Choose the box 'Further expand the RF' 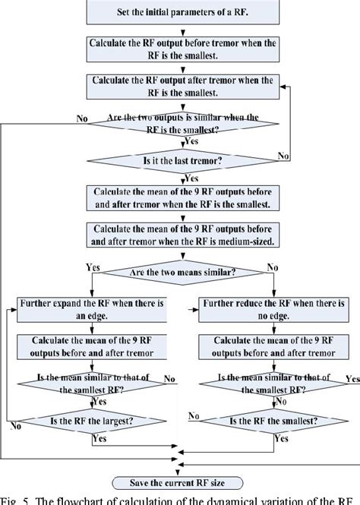pyautogui.click(x=91, y=309)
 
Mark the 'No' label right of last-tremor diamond pyautogui.click(x=283, y=155)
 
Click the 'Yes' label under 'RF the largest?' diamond pyautogui.click(x=99, y=438)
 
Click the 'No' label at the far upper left pyautogui.click(x=81, y=118)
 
